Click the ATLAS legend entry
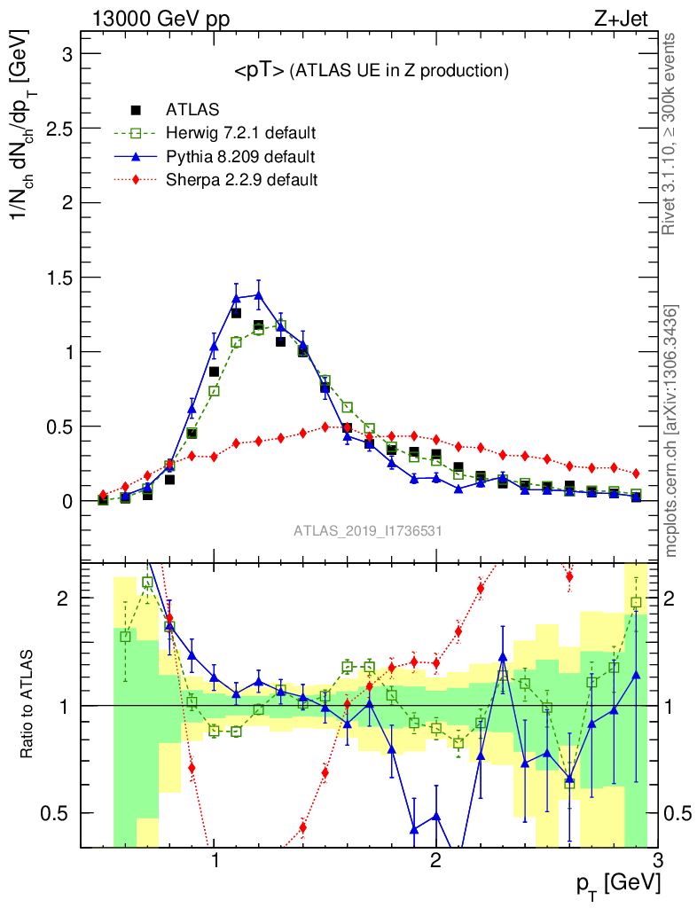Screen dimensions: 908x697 (x=192, y=111)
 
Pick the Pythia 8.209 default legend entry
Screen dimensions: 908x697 (x=240, y=157)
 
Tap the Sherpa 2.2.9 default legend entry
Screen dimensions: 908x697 (x=242, y=180)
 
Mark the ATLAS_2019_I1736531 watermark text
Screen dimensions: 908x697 (x=368, y=531)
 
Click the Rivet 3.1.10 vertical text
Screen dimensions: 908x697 (x=670, y=133)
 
